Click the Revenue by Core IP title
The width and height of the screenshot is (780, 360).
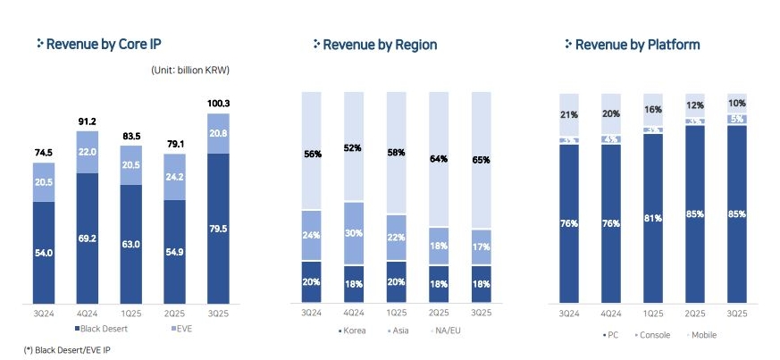[x=103, y=44]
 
